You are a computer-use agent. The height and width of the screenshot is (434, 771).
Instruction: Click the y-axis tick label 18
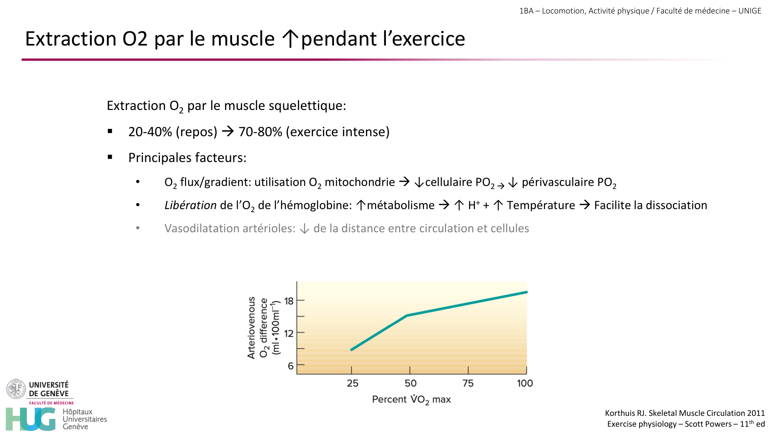289,301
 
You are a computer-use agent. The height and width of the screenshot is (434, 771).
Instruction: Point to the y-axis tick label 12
289,333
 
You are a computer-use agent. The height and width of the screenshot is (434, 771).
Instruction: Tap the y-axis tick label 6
291,366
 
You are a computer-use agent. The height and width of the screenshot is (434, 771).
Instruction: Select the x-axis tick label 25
352,383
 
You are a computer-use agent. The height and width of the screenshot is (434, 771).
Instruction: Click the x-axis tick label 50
410,383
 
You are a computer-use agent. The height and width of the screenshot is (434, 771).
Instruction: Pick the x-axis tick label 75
468,383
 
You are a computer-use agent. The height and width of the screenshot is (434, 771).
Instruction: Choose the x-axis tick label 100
525,383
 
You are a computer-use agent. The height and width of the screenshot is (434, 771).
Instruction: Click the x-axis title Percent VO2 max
411,399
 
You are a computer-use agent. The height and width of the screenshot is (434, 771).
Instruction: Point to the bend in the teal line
407,316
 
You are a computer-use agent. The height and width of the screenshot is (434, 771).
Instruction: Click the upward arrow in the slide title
290,39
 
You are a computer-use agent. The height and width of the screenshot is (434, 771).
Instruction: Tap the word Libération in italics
190,205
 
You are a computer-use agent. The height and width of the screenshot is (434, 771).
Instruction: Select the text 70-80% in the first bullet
260,132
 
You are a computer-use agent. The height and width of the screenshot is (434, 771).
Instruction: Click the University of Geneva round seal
16,389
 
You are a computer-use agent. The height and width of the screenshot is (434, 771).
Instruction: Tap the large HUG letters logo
31,419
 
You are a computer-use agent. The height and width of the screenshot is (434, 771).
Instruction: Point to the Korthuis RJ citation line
685,413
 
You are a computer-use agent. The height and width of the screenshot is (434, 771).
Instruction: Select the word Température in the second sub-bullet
540,205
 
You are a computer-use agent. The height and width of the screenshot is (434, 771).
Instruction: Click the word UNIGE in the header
749,11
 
